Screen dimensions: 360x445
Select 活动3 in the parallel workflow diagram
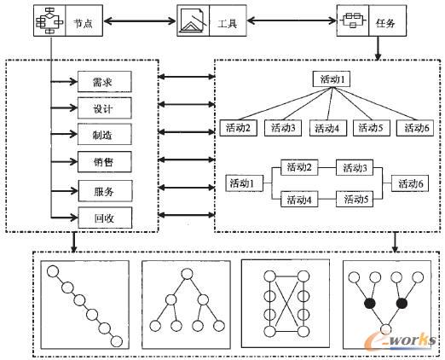352,168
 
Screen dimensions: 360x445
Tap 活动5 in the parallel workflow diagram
352,199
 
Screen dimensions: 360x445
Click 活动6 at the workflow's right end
407,183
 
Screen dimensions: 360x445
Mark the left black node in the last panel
368,303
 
